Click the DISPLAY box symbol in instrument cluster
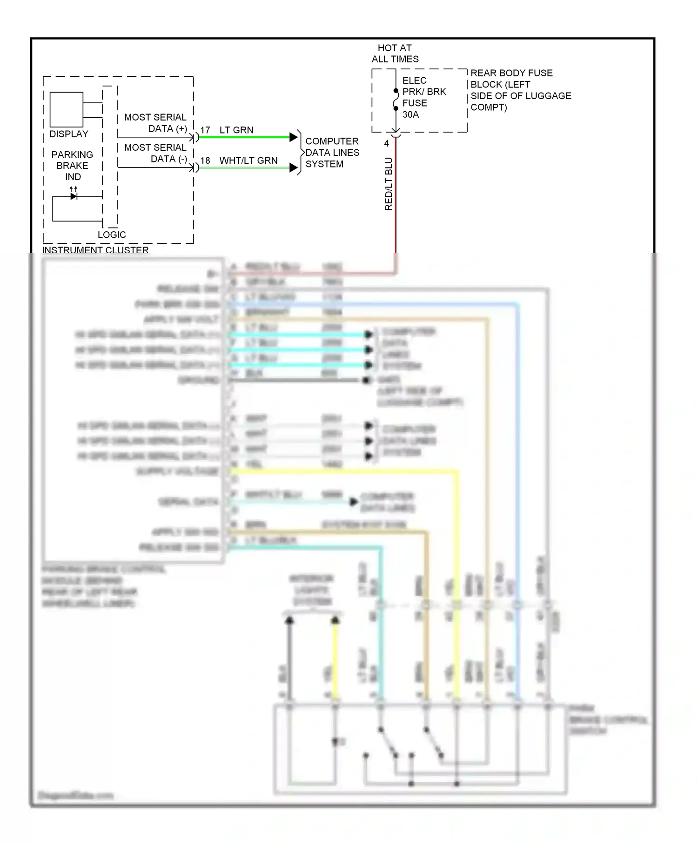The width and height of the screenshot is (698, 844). click(x=66, y=109)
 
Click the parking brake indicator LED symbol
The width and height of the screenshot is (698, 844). click(x=74, y=196)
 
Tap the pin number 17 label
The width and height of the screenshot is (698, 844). click(x=205, y=130)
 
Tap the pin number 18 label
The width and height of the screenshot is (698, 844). click(x=205, y=161)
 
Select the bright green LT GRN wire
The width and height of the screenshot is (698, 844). click(x=244, y=137)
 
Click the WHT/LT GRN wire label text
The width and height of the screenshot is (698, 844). click(x=248, y=161)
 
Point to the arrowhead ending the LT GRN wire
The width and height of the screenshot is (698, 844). click(x=293, y=137)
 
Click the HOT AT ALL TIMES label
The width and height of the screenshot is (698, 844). click(x=395, y=54)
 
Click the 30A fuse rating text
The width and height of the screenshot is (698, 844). click(x=410, y=114)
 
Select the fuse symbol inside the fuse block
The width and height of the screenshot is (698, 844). click(x=396, y=100)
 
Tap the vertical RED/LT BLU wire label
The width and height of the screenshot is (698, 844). click(x=389, y=184)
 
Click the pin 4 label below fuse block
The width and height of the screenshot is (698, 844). click(x=386, y=144)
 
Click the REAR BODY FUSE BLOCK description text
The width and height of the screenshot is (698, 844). click(x=520, y=90)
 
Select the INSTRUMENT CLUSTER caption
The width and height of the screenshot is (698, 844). click(x=95, y=250)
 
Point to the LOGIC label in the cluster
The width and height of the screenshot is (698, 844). click(x=112, y=234)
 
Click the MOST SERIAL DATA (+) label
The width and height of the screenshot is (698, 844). click(x=155, y=123)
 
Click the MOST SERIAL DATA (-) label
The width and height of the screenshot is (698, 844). click(x=155, y=153)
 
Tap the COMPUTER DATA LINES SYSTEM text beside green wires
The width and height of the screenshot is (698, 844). click(x=332, y=153)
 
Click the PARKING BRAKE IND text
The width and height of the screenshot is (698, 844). click(x=73, y=166)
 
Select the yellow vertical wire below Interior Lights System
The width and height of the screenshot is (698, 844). click(x=335, y=661)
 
